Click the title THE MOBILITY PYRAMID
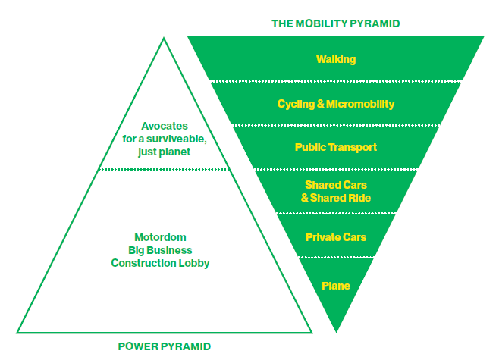point(335,23)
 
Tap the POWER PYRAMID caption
point(165,347)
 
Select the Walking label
point(336,59)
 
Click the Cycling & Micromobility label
point(336,103)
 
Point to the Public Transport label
point(336,147)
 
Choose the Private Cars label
point(336,238)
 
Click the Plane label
point(336,286)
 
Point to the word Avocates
point(165,127)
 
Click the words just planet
point(165,152)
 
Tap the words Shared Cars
point(336,185)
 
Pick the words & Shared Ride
point(336,199)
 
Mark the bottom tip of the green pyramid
point(336,331)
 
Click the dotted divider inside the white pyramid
point(164,170)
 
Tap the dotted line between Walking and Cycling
point(336,80)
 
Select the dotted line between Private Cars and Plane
point(336,257)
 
